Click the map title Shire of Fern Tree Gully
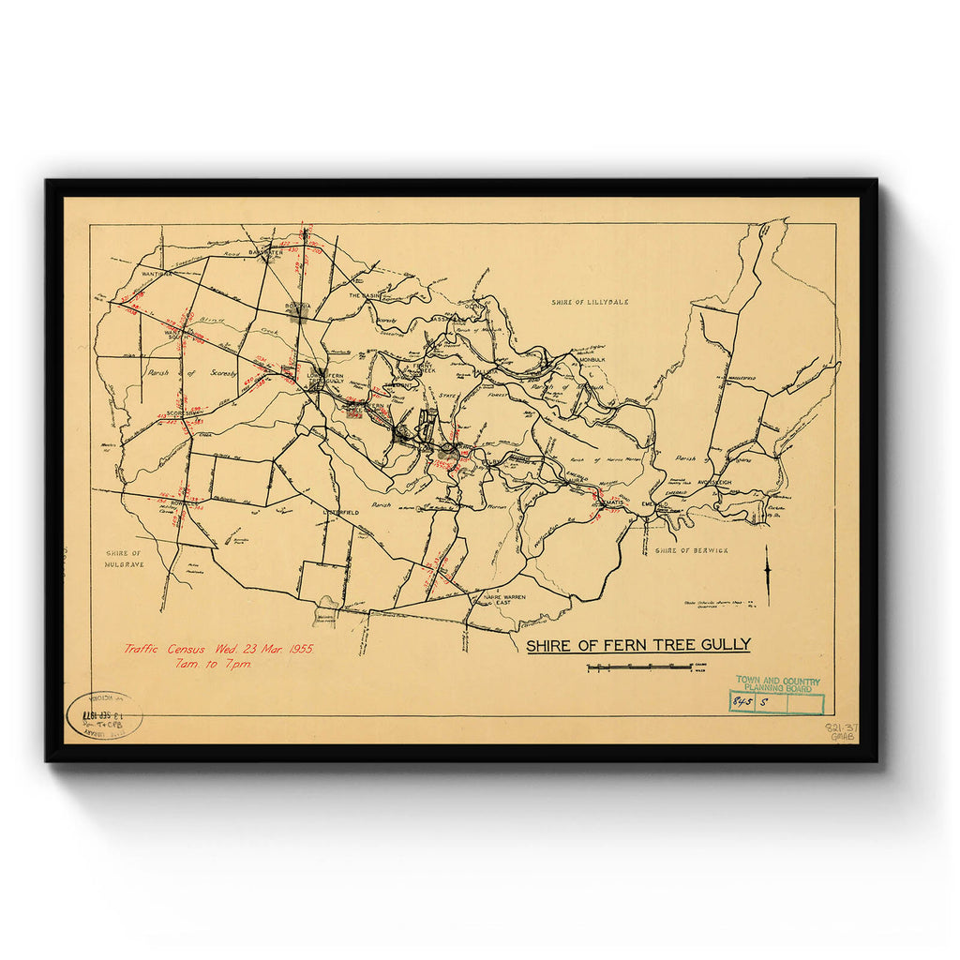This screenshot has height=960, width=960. (637, 645)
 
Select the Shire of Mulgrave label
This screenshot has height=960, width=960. (124, 560)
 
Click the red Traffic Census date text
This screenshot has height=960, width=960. (219, 649)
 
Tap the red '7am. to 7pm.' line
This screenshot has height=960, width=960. (213, 664)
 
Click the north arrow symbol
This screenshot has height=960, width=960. (767, 574)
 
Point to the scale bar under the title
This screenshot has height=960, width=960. (639, 667)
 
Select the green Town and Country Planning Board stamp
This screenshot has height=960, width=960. (777, 684)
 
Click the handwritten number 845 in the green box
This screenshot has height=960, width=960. (743, 701)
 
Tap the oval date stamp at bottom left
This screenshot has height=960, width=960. (104, 715)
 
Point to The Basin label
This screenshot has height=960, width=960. (367, 295)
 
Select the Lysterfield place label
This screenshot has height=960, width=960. (342, 513)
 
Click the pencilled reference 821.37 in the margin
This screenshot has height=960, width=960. (840, 727)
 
